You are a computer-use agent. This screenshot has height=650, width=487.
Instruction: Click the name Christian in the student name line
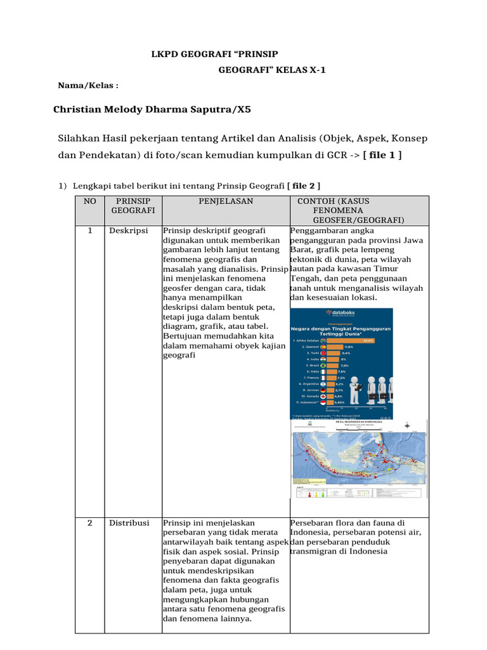pyautogui.click(x=79, y=109)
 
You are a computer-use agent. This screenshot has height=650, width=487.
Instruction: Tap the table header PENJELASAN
pyautogui.click(x=226, y=201)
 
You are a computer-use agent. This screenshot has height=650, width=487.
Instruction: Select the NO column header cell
pyautogui.click(x=89, y=201)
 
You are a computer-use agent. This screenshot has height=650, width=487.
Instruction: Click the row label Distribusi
pyautogui.click(x=129, y=523)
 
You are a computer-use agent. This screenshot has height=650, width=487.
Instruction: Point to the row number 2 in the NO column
pyautogui.click(x=90, y=523)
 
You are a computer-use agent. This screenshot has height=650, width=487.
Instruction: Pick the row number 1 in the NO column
pyautogui.click(x=90, y=230)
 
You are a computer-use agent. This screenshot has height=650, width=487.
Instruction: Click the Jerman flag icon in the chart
pyautogui.click(x=323, y=390)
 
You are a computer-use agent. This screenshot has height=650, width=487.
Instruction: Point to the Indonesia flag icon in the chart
pyautogui.click(x=323, y=402)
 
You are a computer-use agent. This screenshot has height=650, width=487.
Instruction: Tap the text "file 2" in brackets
pyautogui.click(x=304, y=185)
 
